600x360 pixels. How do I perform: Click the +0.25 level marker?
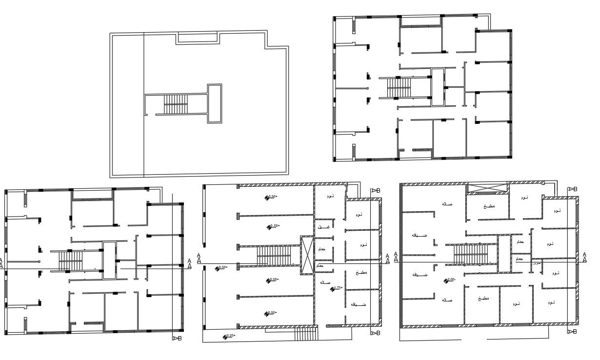(x=228, y=336)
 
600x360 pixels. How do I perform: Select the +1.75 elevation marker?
(x=336, y=288)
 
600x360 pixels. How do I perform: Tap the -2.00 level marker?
(x=449, y=280)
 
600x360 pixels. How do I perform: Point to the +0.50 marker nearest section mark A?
(x=221, y=267)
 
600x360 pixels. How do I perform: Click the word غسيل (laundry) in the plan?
(x=323, y=227)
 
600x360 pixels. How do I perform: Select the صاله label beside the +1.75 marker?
(x=325, y=282)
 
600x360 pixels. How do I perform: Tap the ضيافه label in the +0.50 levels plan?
(x=359, y=304)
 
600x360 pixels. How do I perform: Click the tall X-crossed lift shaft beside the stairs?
(x=307, y=255)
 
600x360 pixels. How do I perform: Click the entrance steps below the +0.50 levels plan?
(x=306, y=334)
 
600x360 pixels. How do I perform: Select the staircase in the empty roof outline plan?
(x=176, y=104)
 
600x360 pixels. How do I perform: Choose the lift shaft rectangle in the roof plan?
(x=215, y=103)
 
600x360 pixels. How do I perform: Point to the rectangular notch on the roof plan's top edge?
(x=197, y=38)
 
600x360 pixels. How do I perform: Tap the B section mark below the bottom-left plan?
(x=178, y=338)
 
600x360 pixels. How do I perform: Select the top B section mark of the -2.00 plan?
(x=572, y=189)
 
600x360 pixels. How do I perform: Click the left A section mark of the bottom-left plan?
(x=1, y=263)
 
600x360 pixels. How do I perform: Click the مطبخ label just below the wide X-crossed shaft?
(x=489, y=206)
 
